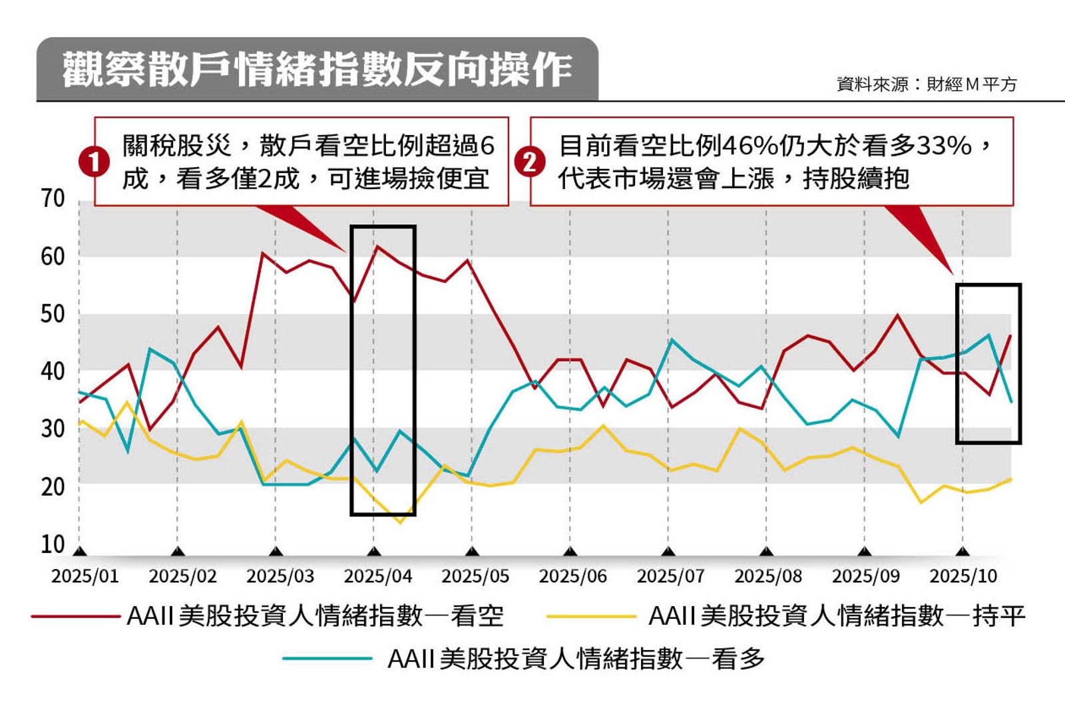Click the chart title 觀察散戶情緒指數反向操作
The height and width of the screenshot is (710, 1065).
point(317,69)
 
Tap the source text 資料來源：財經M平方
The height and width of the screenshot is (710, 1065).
point(927,85)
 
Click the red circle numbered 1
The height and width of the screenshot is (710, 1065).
point(94,162)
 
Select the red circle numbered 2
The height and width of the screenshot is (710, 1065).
point(530,162)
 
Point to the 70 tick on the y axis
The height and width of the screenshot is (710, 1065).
point(53,199)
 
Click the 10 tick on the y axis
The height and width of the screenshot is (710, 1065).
point(53,544)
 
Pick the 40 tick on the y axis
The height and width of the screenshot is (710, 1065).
point(53,371)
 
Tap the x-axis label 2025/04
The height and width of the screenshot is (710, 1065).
point(377,576)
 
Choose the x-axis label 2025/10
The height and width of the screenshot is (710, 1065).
point(963,576)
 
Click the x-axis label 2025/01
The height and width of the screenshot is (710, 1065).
point(85,576)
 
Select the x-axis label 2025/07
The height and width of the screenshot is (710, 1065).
point(670,576)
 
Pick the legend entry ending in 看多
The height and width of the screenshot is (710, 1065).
point(576,659)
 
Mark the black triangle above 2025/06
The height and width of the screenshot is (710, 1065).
point(570,552)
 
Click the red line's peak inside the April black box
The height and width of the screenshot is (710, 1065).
point(377,247)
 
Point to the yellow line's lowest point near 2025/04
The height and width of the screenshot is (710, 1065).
point(400,522)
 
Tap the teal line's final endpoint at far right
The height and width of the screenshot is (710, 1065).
point(1011,402)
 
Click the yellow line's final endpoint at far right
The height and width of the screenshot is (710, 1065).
point(1011,479)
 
